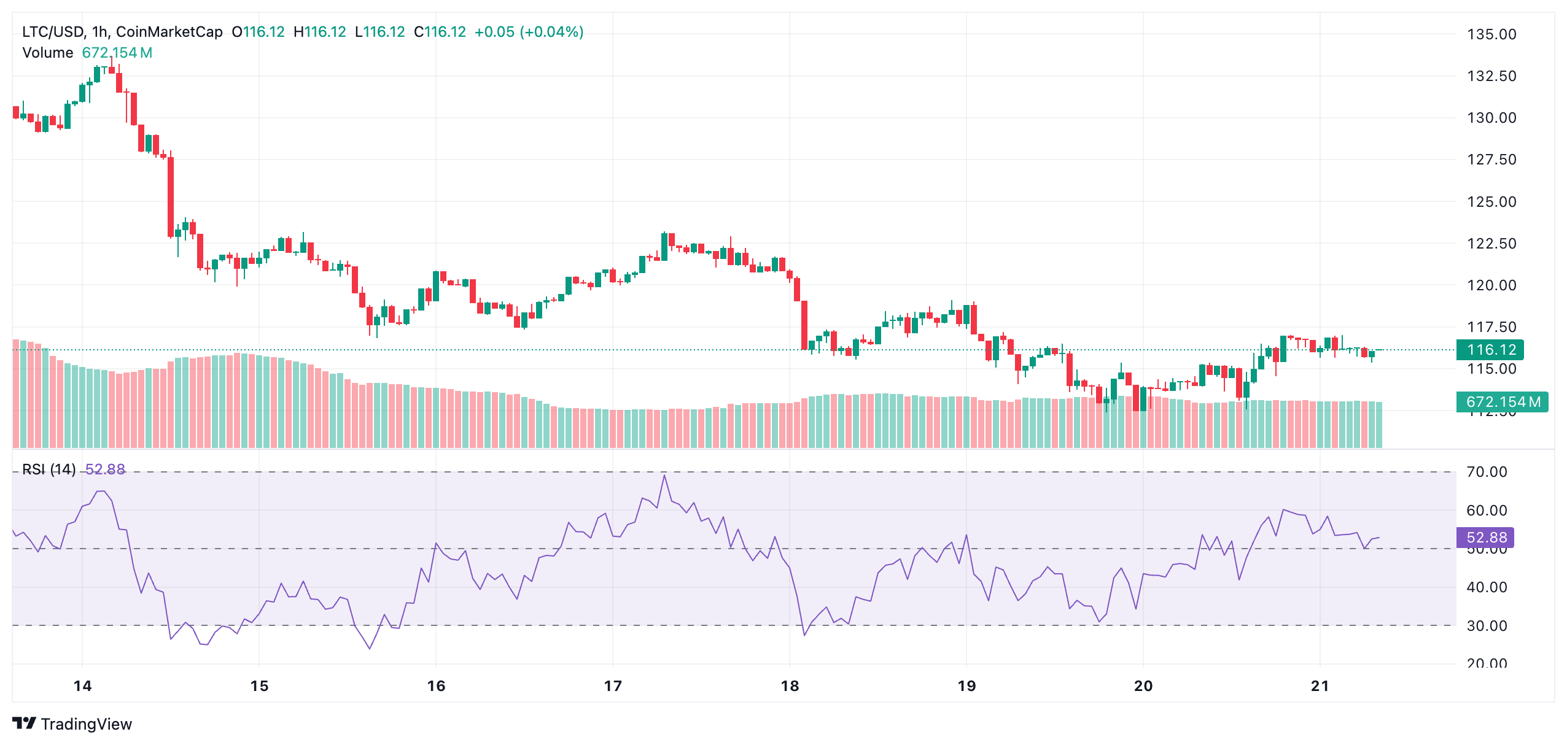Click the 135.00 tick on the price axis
[x=1491, y=34]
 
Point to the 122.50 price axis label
[x=1491, y=244]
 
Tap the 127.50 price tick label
[x=1491, y=160]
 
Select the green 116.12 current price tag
[x=1491, y=350]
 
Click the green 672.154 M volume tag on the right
[x=1502, y=402]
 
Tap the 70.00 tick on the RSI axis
[x=1486, y=472]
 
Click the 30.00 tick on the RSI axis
[x=1486, y=626]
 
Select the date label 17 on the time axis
[x=612, y=686]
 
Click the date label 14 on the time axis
[x=82, y=686]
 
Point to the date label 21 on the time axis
[x=1320, y=686]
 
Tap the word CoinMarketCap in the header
[x=169, y=32]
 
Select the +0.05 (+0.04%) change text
[x=529, y=32]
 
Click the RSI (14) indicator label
[x=49, y=469]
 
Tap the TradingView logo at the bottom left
[x=72, y=724]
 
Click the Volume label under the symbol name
[x=48, y=53]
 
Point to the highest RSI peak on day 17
[x=664, y=476]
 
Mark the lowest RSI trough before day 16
[x=370, y=648]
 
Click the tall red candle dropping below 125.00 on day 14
[x=171, y=196]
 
